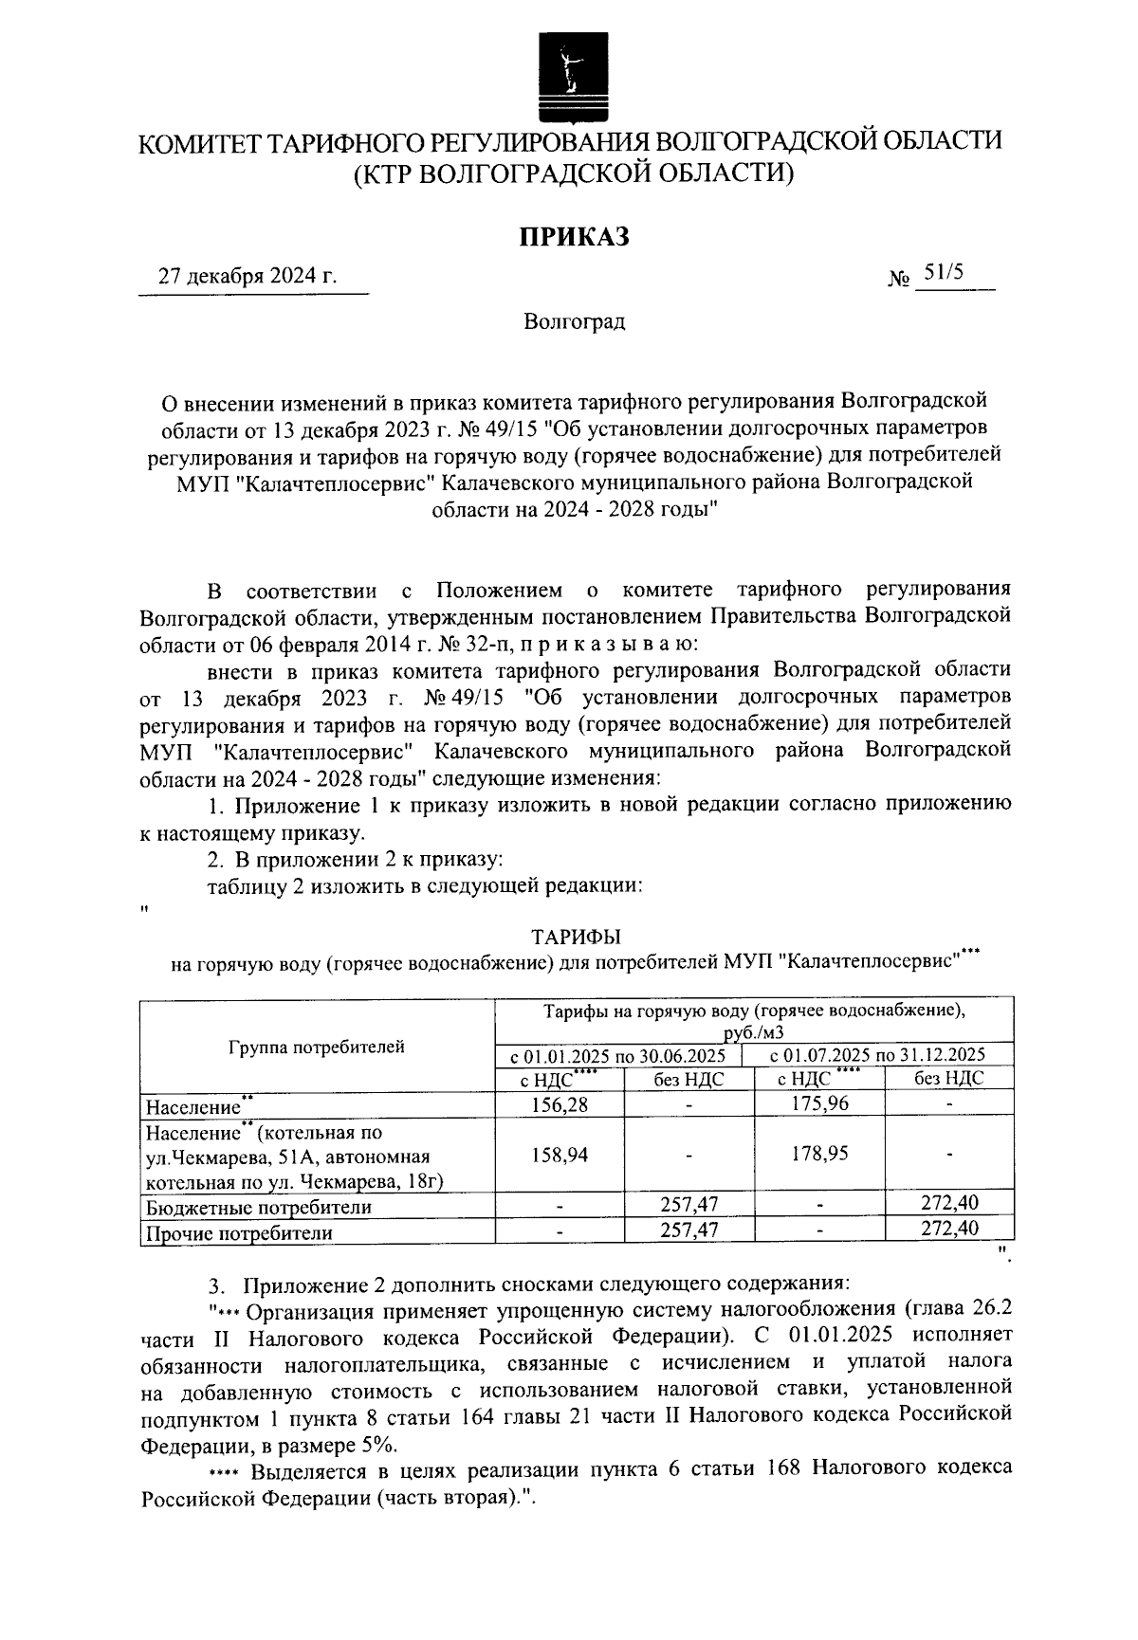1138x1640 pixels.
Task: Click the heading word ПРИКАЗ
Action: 573,236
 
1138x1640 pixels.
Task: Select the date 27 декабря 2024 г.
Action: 248,277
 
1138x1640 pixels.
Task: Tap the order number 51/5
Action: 944,273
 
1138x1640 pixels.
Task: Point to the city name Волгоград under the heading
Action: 574,322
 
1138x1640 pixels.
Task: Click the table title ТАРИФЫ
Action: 576,938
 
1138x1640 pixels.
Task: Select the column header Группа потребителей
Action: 317,1047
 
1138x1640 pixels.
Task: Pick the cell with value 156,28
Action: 560,1103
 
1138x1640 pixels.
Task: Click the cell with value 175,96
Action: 819,1103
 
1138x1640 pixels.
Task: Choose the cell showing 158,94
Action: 560,1155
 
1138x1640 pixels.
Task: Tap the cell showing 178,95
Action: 819,1155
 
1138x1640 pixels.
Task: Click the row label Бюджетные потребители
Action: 257,1208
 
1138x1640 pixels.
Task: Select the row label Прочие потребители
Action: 238,1233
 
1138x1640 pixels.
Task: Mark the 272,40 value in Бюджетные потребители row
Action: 949,1204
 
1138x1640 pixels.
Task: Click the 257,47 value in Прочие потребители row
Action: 688,1230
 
